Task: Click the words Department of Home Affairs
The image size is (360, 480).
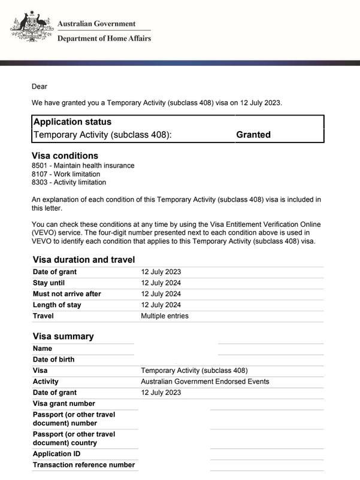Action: [x=104, y=38]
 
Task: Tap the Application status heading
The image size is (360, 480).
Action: [x=72, y=122]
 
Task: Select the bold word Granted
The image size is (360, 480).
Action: [x=253, y=135]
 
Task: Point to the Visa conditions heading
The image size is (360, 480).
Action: [x=65, y=156]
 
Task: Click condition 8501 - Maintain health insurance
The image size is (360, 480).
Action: [x=83, y=166]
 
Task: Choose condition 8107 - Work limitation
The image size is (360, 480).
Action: [x=66, y=174]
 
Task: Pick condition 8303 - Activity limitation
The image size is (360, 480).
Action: [x=69, y=183]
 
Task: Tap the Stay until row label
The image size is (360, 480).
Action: [x=49, y=283]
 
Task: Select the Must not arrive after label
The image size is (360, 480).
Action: [x=67, y=294]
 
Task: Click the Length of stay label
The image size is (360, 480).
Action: [x=57, y=305]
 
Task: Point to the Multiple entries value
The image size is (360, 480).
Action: [x=165, y=316]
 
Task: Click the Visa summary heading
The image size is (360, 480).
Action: [x=63, y=336]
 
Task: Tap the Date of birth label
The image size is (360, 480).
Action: [x=54, y=360]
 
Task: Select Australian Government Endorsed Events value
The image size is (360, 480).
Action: [x=205, y=382]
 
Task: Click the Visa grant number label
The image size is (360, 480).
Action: [x=64, y=404]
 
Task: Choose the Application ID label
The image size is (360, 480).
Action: [x=56, y=454]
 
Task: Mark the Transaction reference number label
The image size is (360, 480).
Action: [x=84, y=465]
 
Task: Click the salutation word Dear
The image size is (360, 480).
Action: [x=40, y=87]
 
